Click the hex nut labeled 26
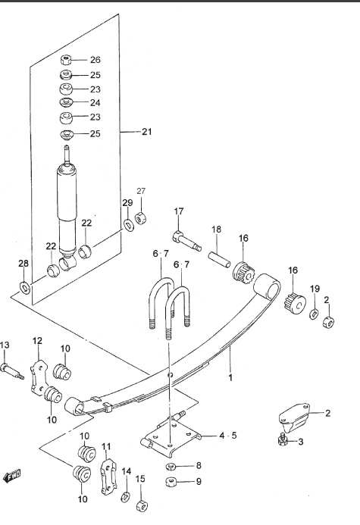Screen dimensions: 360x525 point(66,61)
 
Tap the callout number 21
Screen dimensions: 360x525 point(147,132)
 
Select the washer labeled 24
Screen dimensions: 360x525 point(66,102)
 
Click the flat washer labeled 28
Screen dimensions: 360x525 point(25,287)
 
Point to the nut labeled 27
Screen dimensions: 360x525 point(141,218)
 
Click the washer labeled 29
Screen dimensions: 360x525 point(128,224)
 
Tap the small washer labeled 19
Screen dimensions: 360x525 point(314,314)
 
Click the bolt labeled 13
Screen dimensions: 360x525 point(13,371)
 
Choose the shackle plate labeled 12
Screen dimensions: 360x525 point(40,377)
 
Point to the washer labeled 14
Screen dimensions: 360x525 point(126,496)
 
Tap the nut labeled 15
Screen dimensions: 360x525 point(142,505)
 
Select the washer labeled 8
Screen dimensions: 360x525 point(171,466)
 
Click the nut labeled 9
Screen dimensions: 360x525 point(171,483)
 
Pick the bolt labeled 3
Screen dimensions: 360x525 point(283,439)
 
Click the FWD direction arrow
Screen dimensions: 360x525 point(11,476)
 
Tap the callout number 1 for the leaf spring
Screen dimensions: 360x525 point(230,378)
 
